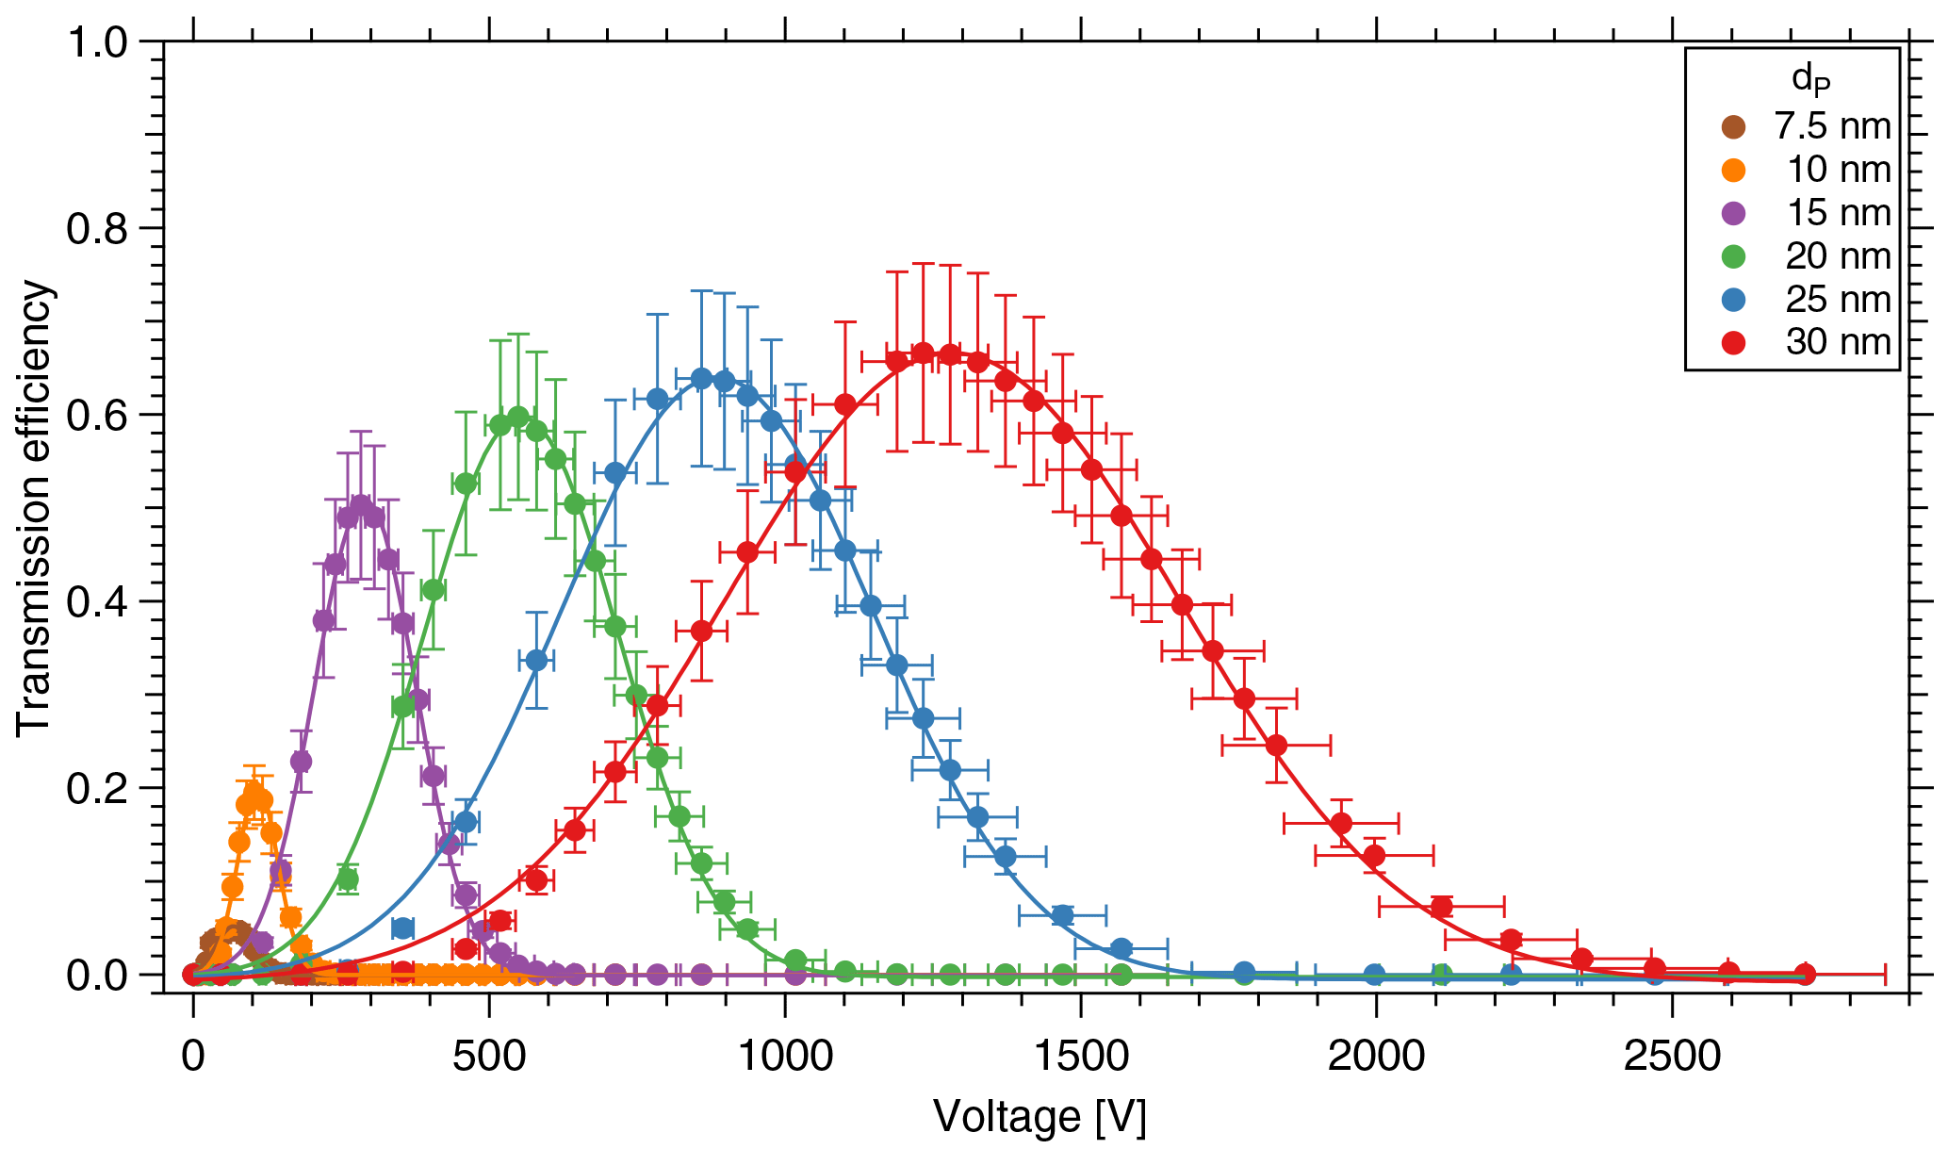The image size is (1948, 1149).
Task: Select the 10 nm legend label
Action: (x=1839, y=170)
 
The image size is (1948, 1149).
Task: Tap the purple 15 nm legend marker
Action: (x=1732, y=213)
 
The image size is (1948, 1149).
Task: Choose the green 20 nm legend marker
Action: (x=1732, y=256)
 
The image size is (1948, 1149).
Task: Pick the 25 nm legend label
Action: (x=1839, y=300)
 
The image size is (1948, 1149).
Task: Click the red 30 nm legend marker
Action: (x=1732, y=343)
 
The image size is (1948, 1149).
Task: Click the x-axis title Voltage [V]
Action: (x=1039, y=1117)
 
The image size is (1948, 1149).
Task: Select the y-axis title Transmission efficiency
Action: (x=35, y=507)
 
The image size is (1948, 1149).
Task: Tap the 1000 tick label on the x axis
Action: (x=784, y=1057)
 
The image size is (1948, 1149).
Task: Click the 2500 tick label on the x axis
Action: (x=1672, y=1057)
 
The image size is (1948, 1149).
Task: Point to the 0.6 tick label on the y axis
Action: (x=97, y=416)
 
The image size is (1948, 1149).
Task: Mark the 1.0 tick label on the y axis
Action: (x=97, y=42)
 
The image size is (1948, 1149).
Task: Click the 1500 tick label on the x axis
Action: (x=1080, y=1057)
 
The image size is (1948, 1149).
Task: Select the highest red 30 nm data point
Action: (x=924, y=353)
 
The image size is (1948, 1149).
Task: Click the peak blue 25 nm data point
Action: (x=701, y=379)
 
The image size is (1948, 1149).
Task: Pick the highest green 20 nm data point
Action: (x=518, y=417)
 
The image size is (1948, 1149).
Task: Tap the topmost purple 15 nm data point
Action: (x=361, y=505)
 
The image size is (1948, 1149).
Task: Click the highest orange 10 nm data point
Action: (x=253, y=793)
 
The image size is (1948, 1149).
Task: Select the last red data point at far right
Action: (x=1805, y=974)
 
